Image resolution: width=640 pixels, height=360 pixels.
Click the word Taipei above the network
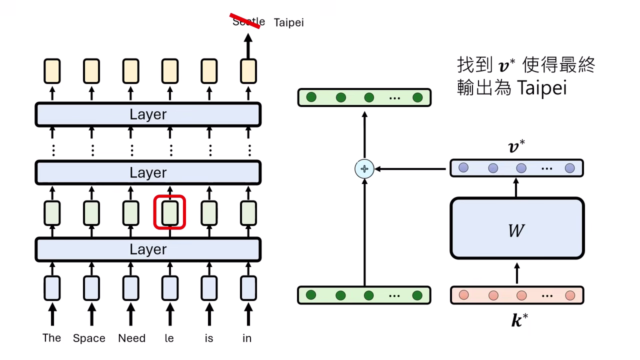click(288, 22)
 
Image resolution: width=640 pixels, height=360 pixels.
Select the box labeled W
click(517, 228)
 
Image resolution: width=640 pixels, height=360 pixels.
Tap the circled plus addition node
click(364, 169)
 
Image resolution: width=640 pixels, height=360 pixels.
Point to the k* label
click(519, 320)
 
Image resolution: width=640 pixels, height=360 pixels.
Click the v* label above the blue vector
click(516, 147)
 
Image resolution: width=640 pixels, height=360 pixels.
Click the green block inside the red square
click(170, 212)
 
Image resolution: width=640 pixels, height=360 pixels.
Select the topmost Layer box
click(148, 114)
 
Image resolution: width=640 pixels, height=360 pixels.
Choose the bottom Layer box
click(148, 249)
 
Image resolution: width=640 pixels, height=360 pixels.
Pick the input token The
click(51, 338)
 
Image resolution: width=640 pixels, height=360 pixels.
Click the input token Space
click(89, 338)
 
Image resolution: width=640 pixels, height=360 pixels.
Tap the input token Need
click(131, 338)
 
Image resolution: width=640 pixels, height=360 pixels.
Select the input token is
click(209, 338)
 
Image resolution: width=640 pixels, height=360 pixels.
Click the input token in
click(247, 338)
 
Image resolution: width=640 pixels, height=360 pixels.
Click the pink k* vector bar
click(517, 295)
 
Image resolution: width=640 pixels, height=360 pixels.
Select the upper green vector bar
click(364, 97)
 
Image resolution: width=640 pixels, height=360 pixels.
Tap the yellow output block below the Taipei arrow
click(248, 71)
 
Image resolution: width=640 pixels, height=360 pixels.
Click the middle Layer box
click(148, 173)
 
